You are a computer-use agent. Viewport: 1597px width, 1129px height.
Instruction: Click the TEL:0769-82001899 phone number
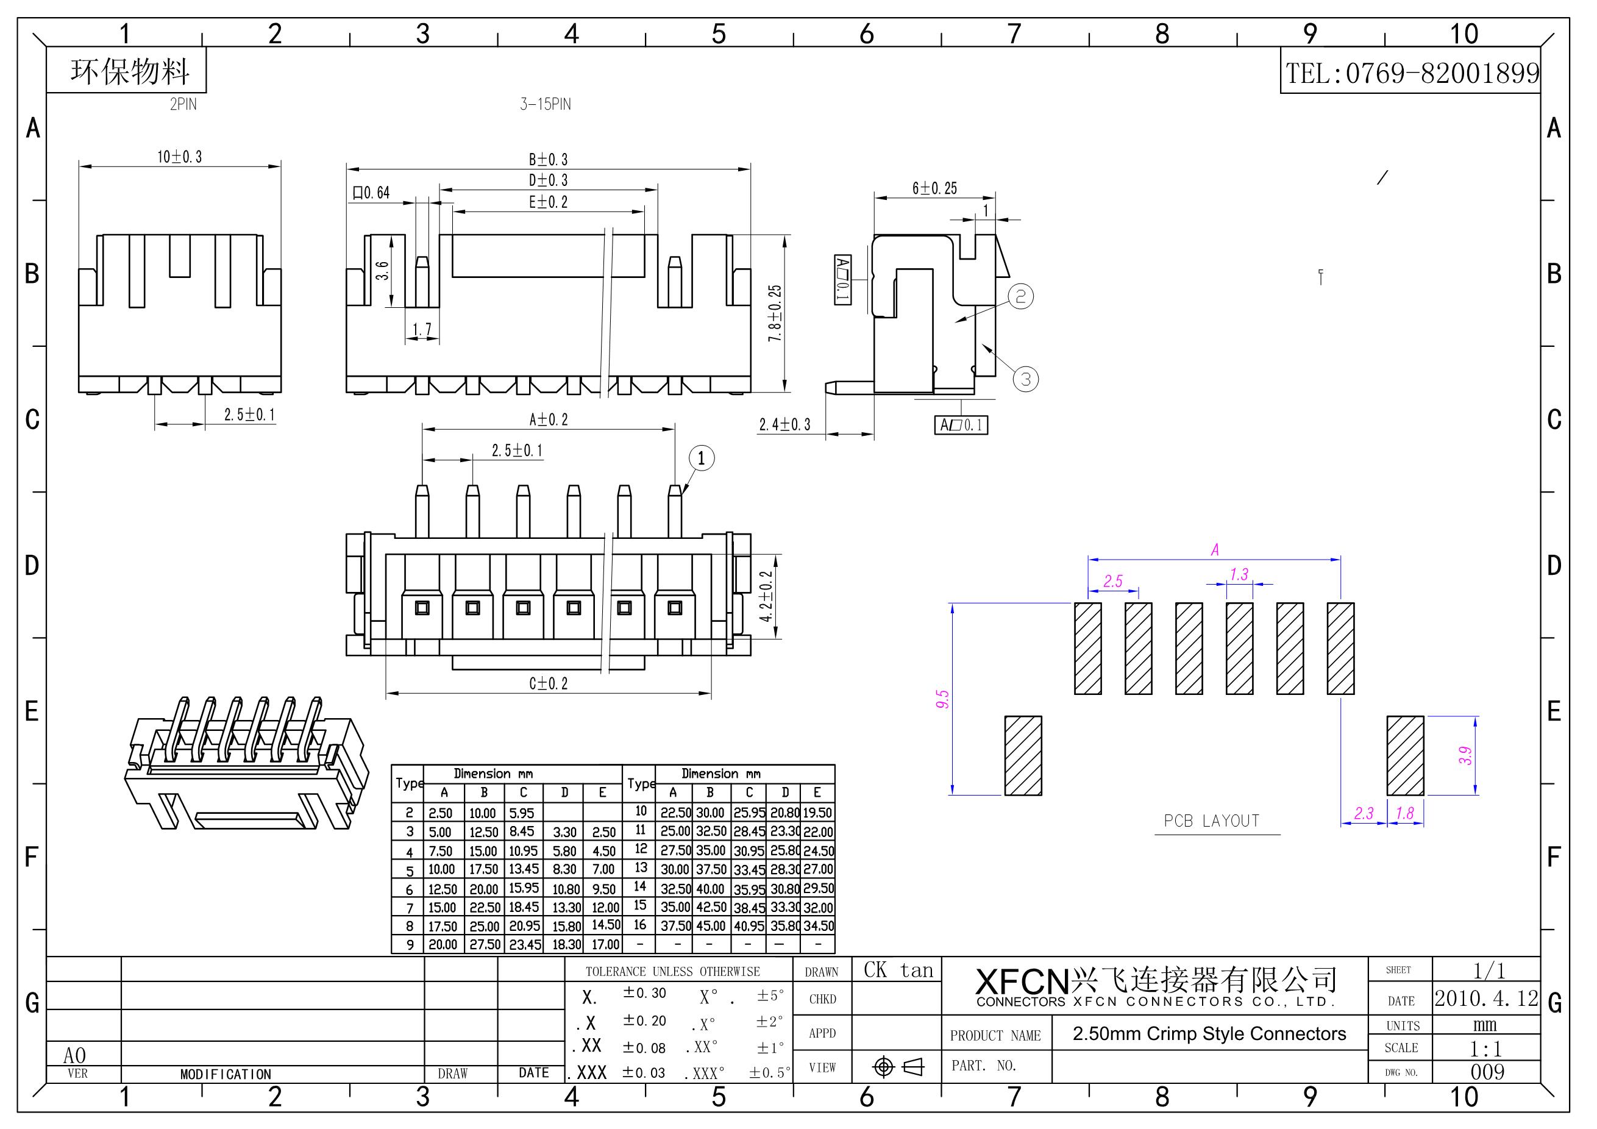point(1411,73)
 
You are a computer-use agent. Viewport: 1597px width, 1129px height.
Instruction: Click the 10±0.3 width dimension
point(179,157)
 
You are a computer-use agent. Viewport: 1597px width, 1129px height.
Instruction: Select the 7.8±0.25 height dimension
point(774,313)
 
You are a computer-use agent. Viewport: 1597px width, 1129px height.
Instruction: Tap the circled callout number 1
point(701,458)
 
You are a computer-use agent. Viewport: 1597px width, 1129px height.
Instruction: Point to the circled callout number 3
point(1025,379)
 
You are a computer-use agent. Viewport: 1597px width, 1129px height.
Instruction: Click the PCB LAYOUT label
point(1212,821)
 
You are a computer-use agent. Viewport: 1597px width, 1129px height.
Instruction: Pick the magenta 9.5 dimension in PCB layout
point(942,699)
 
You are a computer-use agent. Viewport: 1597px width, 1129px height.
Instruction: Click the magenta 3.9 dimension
point(1465,755)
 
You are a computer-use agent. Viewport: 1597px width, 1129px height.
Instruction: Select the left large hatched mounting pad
point(1023,755)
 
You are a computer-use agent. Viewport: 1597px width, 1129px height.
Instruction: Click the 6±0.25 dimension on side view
point(934,188)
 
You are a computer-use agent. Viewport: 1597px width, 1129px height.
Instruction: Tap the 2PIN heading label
point(183,104)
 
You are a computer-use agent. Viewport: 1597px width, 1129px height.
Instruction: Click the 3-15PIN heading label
point(546,104)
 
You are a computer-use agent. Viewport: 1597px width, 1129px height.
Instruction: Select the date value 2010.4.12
point(1487,999)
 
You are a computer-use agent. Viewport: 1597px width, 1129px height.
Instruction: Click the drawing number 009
point(1487,1072)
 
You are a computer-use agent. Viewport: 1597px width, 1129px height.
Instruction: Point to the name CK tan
point(898,971)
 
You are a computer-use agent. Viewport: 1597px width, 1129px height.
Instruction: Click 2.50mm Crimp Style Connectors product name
point(1209,1034)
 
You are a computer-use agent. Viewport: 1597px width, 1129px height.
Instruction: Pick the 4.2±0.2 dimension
point(766,596)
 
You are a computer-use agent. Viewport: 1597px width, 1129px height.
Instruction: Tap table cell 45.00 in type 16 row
point(710,926)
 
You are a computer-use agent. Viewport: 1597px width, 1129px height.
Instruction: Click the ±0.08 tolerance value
point(644,1047)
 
